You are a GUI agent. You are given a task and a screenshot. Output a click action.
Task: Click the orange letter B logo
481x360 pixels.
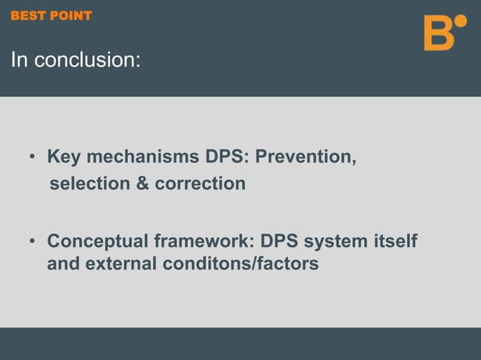439,33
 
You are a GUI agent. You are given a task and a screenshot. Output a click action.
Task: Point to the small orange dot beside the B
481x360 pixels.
461,20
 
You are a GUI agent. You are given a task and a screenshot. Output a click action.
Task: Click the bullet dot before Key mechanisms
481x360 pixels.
32,159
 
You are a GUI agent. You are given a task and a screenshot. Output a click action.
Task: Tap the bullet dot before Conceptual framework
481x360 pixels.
32,243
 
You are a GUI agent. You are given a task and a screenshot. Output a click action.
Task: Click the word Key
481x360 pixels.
63,158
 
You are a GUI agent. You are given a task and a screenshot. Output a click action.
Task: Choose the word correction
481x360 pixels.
200,184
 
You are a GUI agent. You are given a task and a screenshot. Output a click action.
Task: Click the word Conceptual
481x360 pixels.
97,243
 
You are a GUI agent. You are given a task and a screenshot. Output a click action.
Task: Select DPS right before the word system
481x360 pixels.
279,243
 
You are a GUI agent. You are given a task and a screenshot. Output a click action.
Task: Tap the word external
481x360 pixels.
121,265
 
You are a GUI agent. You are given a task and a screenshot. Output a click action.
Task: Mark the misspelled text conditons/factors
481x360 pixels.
243,265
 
